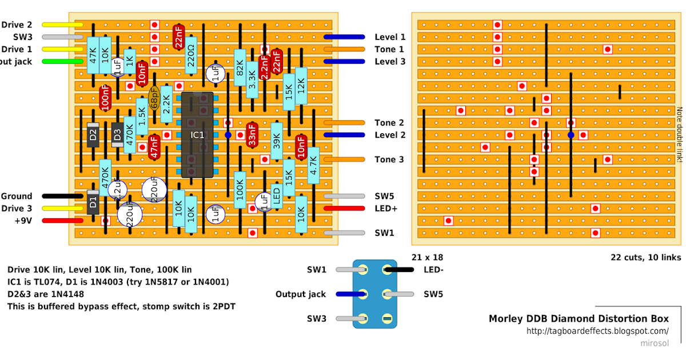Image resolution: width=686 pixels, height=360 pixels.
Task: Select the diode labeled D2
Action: (x=93, y=135)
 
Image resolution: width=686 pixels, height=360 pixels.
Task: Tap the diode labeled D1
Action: (x=93, y=202)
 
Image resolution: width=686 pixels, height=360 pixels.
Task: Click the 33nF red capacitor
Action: (x=252, y=135)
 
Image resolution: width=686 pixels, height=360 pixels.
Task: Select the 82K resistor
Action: (x=240, y=73)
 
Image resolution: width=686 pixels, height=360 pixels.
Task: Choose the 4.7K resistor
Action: (x=313, y=165)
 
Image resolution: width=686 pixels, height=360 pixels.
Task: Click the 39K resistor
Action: (x=277, y=141)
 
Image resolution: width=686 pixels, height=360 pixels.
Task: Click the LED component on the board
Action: (x=277, y=197)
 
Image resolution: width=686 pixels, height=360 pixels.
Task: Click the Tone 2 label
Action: (x=389, y=123)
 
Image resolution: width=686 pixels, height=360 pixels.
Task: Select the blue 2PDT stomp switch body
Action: (x=374, y=293)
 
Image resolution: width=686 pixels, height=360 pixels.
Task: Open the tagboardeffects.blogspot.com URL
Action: (x=597, y=331)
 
